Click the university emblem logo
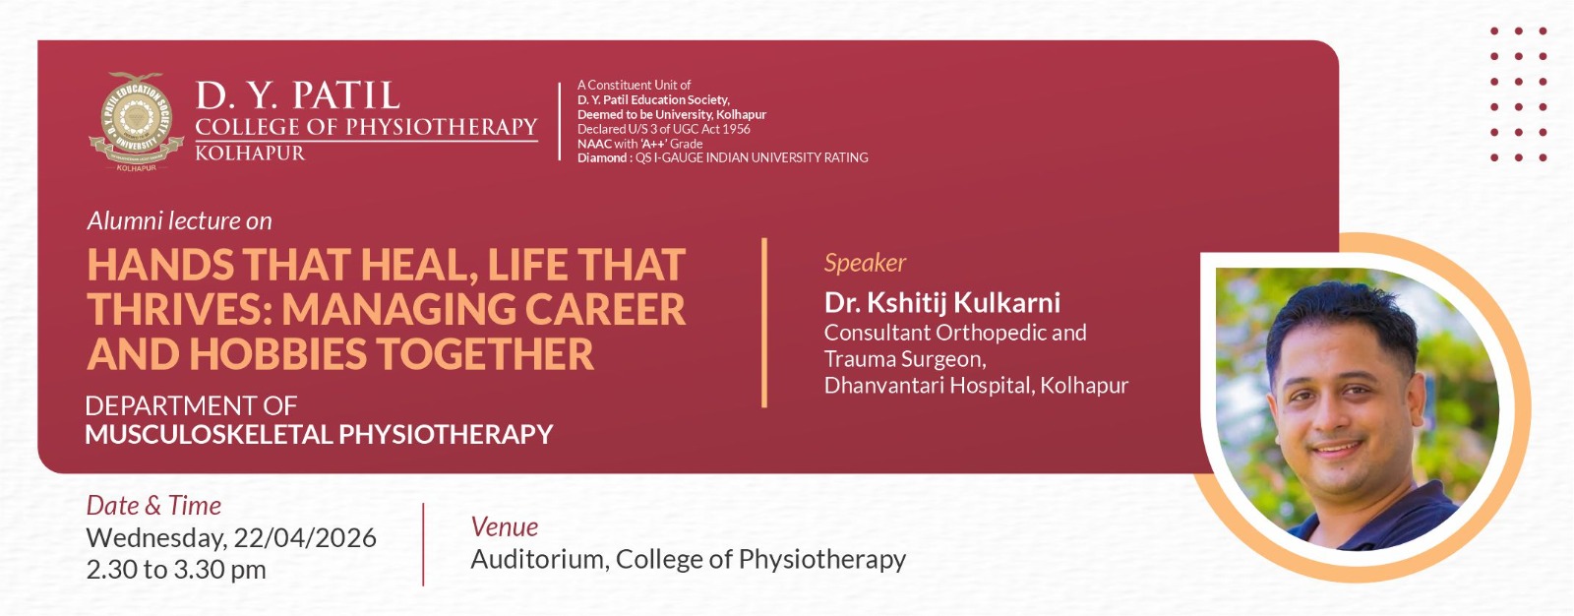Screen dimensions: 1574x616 point(136,122)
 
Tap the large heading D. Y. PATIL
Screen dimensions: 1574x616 point(297,95)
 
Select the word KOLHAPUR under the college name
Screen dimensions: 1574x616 point(250,154)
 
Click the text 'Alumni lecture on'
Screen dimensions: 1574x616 point(179,220)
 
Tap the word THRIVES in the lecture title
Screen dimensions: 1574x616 point(178,309)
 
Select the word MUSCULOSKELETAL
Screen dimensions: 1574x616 point(208,434)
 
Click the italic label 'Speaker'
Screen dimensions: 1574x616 point(865,263)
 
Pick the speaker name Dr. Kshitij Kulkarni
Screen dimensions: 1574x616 point(942,302)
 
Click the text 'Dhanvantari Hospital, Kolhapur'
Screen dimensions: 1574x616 point(976,386)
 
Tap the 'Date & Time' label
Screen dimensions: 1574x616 point(153,506)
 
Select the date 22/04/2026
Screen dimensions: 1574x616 point(305,538)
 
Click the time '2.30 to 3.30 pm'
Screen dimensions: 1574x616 point(176,570)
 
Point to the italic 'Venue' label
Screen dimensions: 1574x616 point(505,526)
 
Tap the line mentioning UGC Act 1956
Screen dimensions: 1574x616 point(663,129)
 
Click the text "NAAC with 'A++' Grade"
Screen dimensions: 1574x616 point(639,144)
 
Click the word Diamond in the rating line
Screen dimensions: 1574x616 point(602,157)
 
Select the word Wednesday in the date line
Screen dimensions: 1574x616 point(156,538)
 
